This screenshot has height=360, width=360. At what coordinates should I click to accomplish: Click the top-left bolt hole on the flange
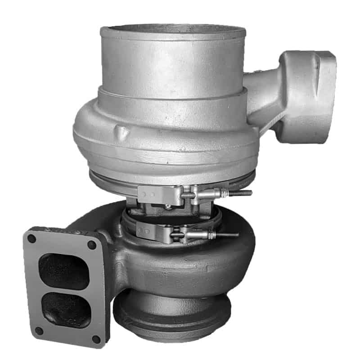31,239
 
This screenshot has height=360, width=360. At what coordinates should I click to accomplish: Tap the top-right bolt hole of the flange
92,245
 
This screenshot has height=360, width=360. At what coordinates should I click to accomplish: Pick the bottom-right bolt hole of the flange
96,339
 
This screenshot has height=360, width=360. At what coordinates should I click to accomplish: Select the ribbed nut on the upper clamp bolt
211,193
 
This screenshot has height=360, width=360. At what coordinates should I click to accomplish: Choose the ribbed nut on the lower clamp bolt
198,234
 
